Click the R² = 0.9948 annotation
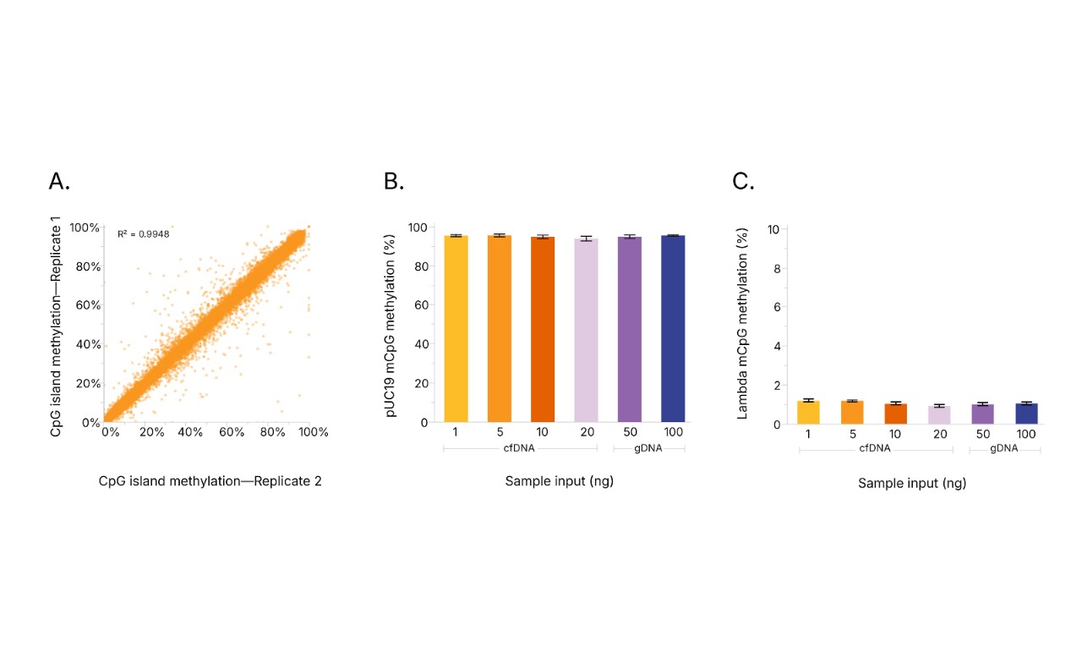143,233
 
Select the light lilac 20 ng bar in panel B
586,330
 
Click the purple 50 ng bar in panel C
983,414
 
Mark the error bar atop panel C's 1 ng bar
809,400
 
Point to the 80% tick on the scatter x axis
273,432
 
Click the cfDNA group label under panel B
520,448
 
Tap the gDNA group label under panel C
1004,449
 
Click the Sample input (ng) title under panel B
559,481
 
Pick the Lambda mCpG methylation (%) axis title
743,323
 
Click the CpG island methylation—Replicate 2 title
210,481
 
